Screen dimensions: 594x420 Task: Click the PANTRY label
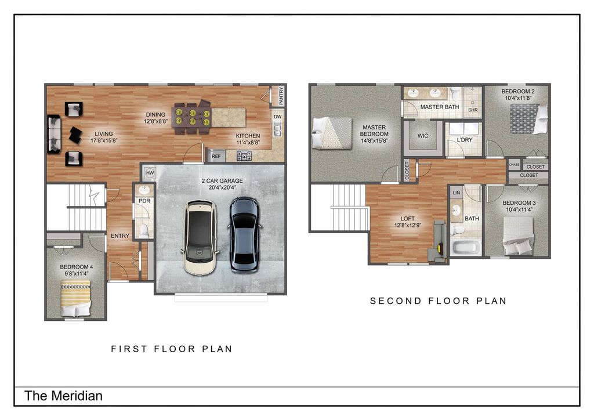click(x=281, y=96)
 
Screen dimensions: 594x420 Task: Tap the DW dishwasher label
click(x=278, y=117)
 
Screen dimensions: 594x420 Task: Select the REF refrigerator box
click(x=216, y=156)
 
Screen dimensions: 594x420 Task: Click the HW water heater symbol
click(x=150, y=173)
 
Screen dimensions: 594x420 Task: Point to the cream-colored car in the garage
click(x=200, y=237)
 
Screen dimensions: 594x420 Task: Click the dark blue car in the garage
click(x=244, y=234)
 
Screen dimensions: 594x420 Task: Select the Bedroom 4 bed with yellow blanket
click(x=76, y=298)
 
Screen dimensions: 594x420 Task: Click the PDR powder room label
click(x=144, y=201)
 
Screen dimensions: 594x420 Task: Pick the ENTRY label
click(x=120, y=236)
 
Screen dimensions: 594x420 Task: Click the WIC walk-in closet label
click(x=423, y=136)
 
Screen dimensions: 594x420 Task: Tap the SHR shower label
click(x=473, y=110)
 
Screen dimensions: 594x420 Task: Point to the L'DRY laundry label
click(x=465, y=140)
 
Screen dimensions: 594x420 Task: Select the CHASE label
click(x=514, y=164)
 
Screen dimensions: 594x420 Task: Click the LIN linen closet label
click(x=456, y=193)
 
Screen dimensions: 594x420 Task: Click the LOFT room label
click(x=408, y=219)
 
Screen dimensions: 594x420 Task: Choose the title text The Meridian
click(x=63, y=396)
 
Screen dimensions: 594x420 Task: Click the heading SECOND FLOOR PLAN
click(x=439, y=300)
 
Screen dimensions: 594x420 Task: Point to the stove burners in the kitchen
click(x=244, y=155)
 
